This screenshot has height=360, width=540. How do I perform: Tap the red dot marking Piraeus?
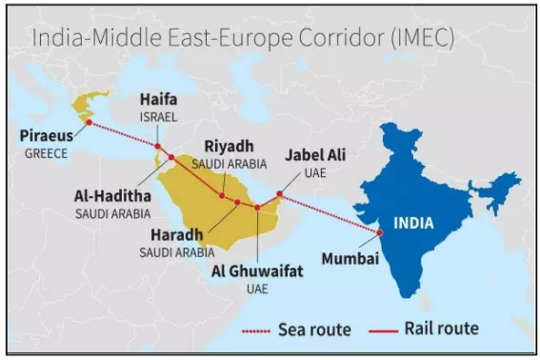tap(89, 122)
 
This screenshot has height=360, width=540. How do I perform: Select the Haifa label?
tap(157, 99)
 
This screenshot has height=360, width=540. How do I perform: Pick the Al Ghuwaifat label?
tap(256, 271)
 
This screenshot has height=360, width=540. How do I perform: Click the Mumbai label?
tap(350, 258)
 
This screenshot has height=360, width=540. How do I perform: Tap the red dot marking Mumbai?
tap(380, 232)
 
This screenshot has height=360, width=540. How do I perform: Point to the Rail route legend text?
tap(440, 330)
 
